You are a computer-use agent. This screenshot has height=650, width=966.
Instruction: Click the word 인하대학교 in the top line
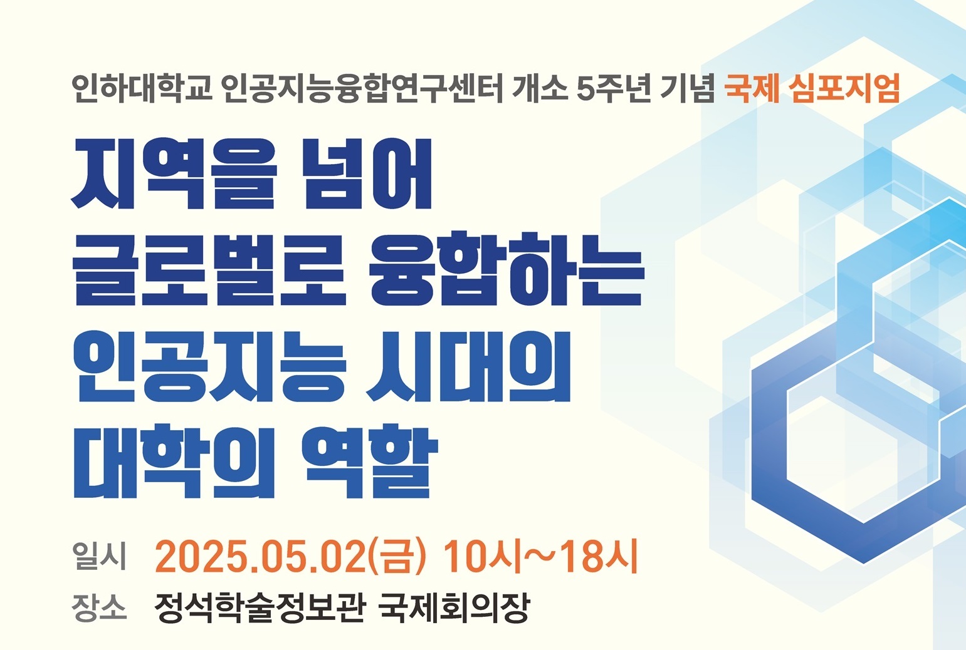142,89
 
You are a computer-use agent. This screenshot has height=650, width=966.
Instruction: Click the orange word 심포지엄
844,89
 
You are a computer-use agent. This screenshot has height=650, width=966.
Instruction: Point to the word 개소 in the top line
539,89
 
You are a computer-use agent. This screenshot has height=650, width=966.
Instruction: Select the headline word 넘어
367,173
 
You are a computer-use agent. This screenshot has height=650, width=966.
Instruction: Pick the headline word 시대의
468,366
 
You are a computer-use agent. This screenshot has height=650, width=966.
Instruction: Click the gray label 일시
99,556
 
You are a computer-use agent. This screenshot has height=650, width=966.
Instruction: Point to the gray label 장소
99,607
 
